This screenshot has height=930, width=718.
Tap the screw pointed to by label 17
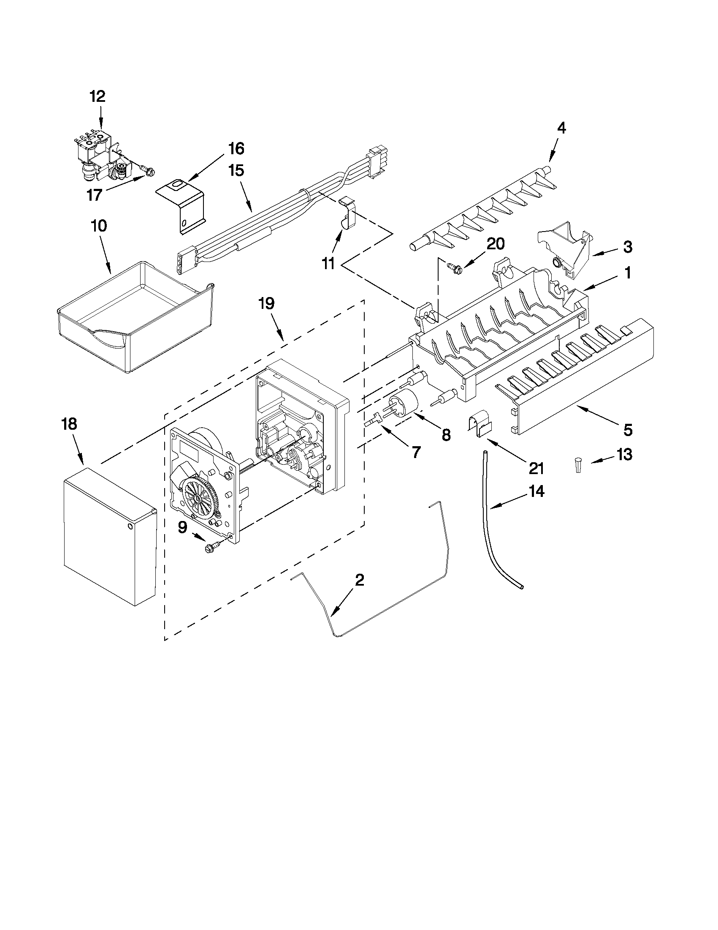[x=149, y=172]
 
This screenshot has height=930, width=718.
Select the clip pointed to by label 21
[x=480, y=423]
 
